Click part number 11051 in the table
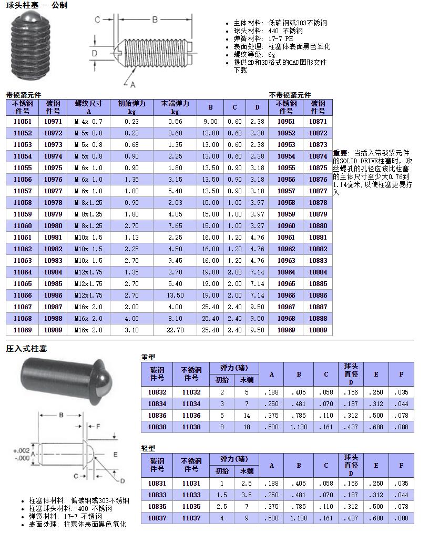[x=22, y=122]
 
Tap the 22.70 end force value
[x=175, y=330]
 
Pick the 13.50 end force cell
[x=175, y=295]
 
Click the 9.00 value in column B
[x=210, y=122]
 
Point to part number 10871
[x=318, y=122]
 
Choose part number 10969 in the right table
[x=286, y=330]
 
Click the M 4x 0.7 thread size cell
[x=88, y=122]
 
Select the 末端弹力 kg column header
[x=175, y=107]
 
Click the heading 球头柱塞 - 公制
[x=36, y=5]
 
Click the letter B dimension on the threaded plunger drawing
[x=155, y=19]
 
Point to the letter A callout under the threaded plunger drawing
[x=132, y=84]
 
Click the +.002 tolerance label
[x=21, y=450]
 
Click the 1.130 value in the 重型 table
[x=299, y=427]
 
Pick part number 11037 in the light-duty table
[x=191, y=518]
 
